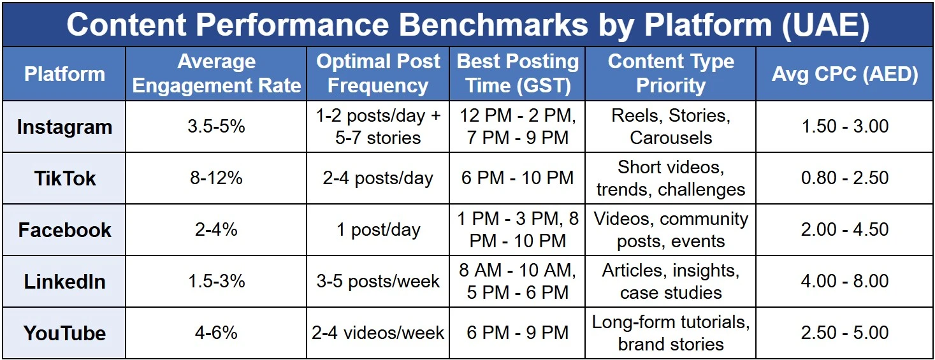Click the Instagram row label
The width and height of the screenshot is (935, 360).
[65, 127]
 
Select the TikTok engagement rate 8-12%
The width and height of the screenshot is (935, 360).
[216, 178]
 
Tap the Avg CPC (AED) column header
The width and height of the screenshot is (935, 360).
[845, 74]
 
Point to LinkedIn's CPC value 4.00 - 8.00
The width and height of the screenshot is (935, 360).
[845, 281]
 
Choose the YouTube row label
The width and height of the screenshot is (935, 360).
[65, 333]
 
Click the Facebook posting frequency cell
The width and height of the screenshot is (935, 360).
[378, 230]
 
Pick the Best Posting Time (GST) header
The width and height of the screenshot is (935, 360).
[518, 73]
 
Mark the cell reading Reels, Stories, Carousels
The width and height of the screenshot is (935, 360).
[670, 126]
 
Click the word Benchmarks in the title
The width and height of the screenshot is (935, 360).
[493, 25]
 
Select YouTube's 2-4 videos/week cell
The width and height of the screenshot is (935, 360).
[378, 333]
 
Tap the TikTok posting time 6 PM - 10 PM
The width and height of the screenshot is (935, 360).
[518, 178]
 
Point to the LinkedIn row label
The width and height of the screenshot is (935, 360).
[65, 282]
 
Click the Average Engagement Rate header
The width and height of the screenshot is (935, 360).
[216, 73]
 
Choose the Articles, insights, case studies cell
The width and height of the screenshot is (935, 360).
[670, 281]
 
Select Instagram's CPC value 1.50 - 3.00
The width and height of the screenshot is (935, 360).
[845, 126]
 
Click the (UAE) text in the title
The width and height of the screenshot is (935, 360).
[825, 25]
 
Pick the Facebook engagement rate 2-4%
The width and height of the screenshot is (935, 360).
[216, 230]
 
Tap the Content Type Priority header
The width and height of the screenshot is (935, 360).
[670, 73]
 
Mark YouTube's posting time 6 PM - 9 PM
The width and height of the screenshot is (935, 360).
[518, 333]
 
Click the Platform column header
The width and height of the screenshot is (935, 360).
[65, 74]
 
